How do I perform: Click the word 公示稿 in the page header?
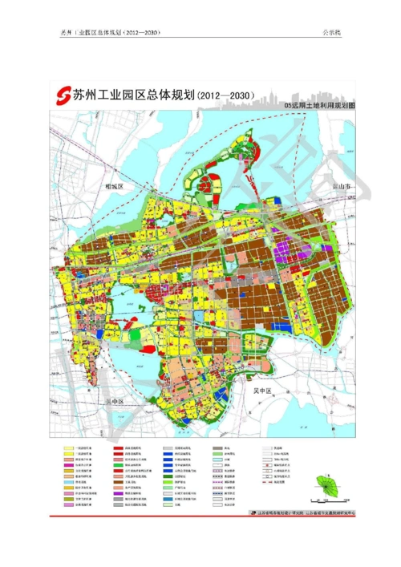tap(333, 34)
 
